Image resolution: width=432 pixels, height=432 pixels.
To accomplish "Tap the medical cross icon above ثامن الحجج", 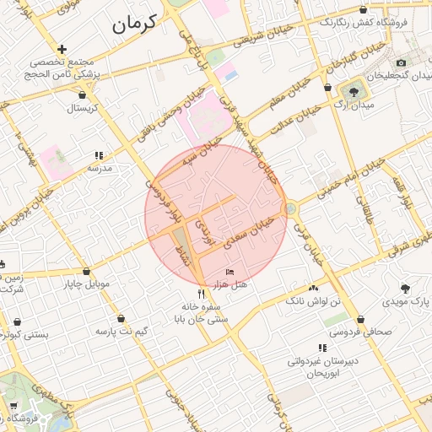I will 62,50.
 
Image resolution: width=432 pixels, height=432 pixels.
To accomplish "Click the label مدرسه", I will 100,168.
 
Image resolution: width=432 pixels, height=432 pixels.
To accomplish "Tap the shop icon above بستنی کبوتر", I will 18,321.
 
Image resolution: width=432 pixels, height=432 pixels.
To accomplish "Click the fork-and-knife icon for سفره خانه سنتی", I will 200,294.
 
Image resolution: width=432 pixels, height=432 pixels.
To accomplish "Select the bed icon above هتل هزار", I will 229,273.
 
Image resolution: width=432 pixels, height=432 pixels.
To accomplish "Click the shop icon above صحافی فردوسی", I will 362,320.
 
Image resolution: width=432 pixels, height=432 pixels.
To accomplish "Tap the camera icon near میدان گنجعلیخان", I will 401,63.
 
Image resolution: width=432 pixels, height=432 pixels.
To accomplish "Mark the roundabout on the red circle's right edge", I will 290,207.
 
